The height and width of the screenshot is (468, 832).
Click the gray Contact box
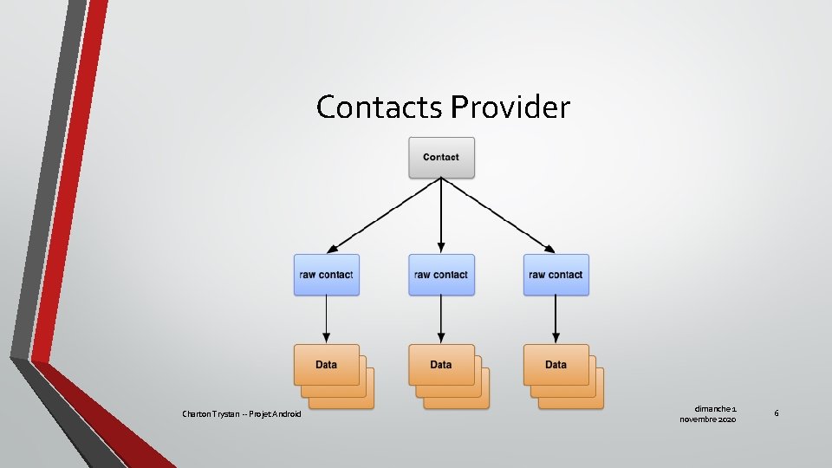click(441, 157)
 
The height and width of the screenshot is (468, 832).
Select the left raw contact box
click(326, 275)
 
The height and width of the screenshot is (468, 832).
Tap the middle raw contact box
click(441, 275)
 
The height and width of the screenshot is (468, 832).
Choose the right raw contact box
click(556, 275)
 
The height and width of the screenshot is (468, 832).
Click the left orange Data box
click(326, 364)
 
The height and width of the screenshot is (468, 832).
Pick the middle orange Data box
click(441, 364)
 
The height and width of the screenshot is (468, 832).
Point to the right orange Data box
click(556, 364)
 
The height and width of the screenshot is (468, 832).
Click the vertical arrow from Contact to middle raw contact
click(441, 217)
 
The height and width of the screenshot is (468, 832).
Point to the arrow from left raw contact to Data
click(326, 319)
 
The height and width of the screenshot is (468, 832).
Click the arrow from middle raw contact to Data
click(441, 319)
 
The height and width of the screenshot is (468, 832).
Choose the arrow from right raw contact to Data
click(556, 319)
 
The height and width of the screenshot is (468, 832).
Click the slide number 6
click(777, 413)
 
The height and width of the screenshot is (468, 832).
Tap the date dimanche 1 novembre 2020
click(709, 413)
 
